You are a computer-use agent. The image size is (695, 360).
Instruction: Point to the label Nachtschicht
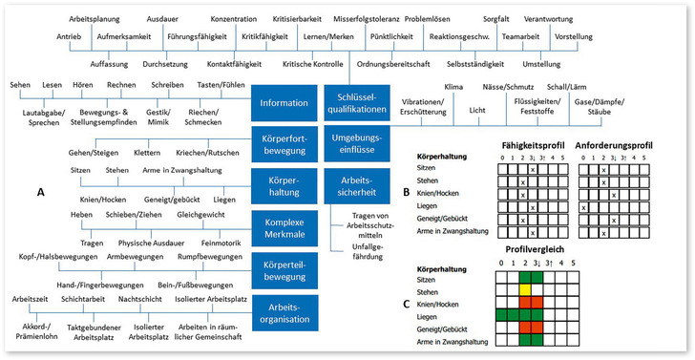tap(168, 298)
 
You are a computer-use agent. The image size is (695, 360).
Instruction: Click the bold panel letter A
tap(40, 192)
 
